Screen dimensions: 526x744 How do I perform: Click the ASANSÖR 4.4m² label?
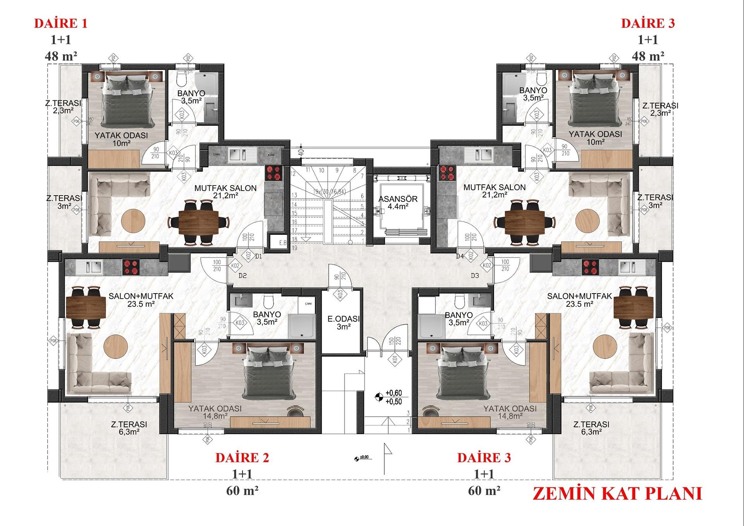398,203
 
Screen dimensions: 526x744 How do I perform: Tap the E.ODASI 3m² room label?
343,323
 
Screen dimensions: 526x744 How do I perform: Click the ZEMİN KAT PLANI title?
617,493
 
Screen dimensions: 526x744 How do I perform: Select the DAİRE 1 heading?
61,23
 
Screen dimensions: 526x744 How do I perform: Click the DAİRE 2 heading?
242,457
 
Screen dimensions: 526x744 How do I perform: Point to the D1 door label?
258,256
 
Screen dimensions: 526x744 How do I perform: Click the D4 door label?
460,256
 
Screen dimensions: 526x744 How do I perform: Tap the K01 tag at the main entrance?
395,359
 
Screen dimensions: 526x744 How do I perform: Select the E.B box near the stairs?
283,243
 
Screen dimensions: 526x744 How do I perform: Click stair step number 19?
294,248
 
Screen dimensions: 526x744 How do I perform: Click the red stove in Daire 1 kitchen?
274,173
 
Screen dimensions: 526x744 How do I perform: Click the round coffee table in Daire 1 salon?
133,221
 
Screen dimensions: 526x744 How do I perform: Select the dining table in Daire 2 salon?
86,307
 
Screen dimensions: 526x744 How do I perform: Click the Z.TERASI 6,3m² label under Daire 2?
129,428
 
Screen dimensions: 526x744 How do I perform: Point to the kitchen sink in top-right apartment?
479,155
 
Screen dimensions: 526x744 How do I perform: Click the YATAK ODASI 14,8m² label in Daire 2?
215,412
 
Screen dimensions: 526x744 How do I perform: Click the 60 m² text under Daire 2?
242,491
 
